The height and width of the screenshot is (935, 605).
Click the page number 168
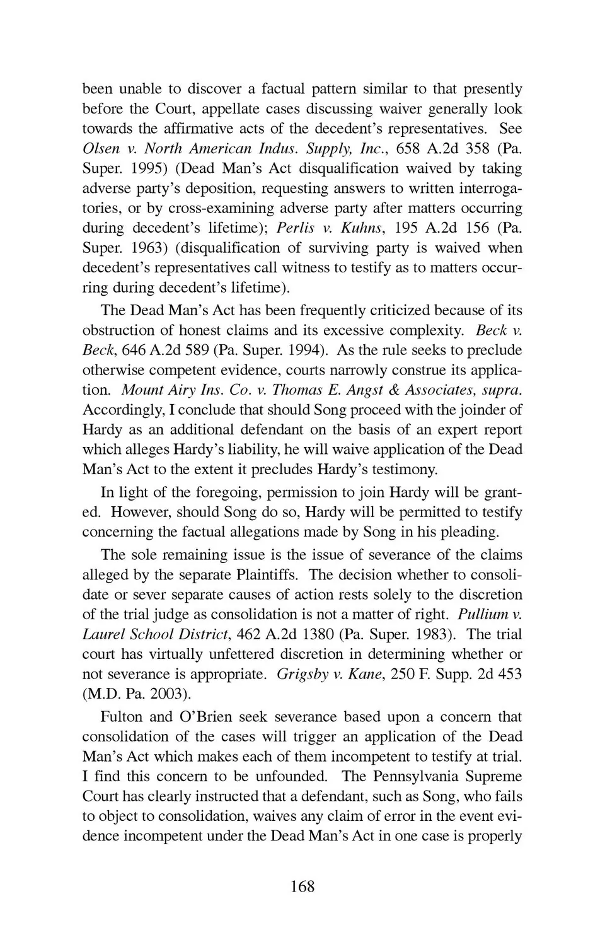click(302, 886)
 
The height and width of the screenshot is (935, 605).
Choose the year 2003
click(166, 694)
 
